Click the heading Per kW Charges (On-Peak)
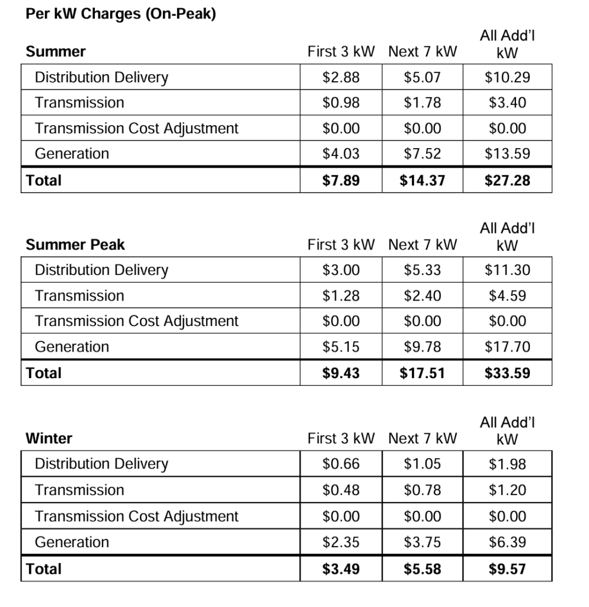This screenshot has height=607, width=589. (x=120, y=15)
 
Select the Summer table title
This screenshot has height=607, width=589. (x=56, y=52)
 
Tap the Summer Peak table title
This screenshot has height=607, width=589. (x=75, y=245)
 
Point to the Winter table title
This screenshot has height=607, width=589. (x=49, y=439)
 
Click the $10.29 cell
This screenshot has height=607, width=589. (x=507, y=77)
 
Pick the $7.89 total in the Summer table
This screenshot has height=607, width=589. (x=341, y=180)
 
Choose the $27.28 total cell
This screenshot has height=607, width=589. (x=507, y=180)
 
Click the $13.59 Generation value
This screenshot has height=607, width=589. (x=507, y=154)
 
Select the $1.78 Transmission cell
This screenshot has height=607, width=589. (x=422, y=103)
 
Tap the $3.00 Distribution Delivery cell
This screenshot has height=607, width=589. (x=341, y=270)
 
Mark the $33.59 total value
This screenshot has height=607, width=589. (x=507, y=373)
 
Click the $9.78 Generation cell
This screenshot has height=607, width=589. (x=422, y=347)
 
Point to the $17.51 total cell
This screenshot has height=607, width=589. (x=422, y=373)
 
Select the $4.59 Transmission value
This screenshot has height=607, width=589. (x=507, y=296)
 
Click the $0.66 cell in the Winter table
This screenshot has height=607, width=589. (x=341, y=464)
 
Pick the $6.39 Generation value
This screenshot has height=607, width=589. (x=507, y=542)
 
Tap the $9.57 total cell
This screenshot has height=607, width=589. (x=507, y=569)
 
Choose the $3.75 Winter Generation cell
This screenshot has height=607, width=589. (x=422, y=542)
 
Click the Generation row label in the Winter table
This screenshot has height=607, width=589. (x=72, y=542)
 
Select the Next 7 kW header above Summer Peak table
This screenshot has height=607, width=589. (x=422, y=245)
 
